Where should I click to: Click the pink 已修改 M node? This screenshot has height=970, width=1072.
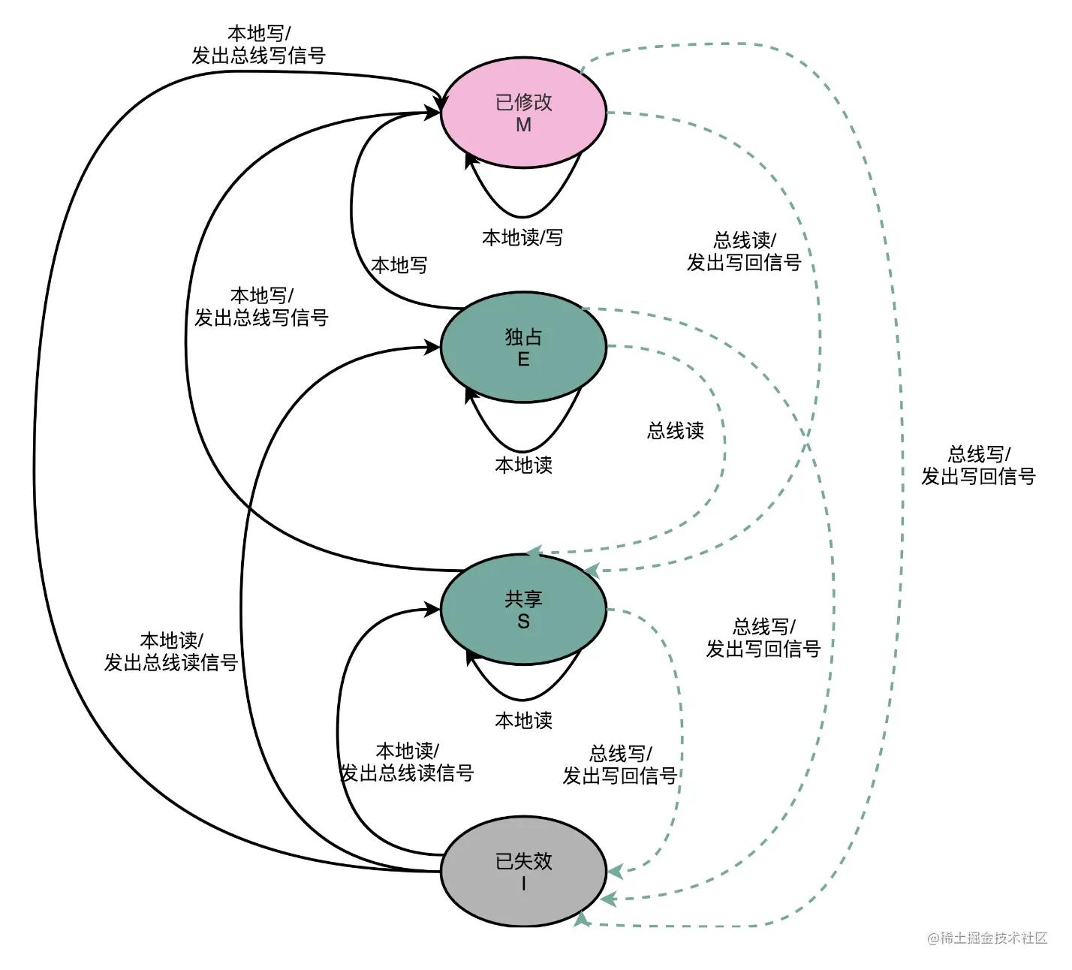pos(524,112)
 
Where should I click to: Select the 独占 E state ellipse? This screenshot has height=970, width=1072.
pos(524,347)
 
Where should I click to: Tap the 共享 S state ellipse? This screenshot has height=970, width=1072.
pos(524,610)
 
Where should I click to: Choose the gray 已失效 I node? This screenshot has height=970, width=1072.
pos(524,871)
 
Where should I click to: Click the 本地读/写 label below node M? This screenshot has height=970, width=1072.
pos(522,238)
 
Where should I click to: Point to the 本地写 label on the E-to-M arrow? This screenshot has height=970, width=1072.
pos(399,265)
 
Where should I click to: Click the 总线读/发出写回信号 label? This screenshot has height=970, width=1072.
pos(744,252)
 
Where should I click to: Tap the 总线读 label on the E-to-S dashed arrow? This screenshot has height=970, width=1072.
pos(676,430)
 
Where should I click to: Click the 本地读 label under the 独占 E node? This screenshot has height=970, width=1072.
pos(524,465)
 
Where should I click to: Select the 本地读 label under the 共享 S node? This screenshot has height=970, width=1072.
pos(524,721)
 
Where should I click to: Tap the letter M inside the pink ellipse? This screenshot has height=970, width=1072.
pos(524,125)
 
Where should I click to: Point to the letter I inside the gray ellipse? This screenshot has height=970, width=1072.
pos(524,884)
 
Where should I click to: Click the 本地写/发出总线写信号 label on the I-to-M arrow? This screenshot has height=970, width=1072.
pos(259,44)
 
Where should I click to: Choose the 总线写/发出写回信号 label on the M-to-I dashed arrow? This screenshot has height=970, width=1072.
pos(978,465)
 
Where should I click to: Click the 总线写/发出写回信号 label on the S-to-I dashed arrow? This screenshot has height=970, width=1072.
pos(620,764)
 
